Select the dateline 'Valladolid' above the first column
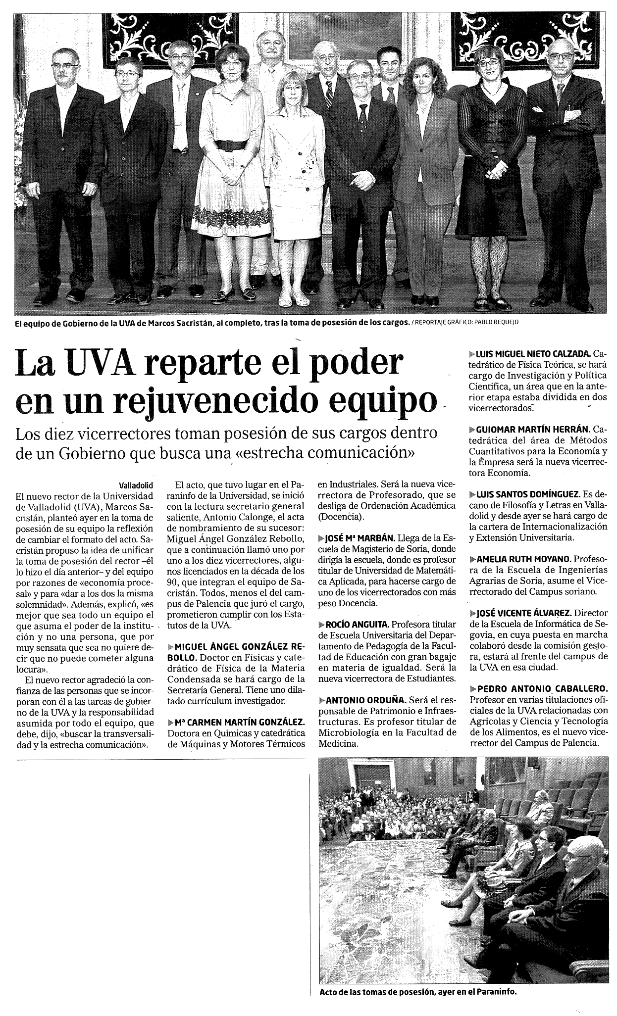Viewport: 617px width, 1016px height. coord(137,485)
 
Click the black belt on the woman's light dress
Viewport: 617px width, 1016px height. coord(231,145)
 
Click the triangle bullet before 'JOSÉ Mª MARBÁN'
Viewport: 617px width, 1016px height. coord(320,538)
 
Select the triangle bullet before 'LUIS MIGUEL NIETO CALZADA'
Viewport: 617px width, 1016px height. coord(472,354)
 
